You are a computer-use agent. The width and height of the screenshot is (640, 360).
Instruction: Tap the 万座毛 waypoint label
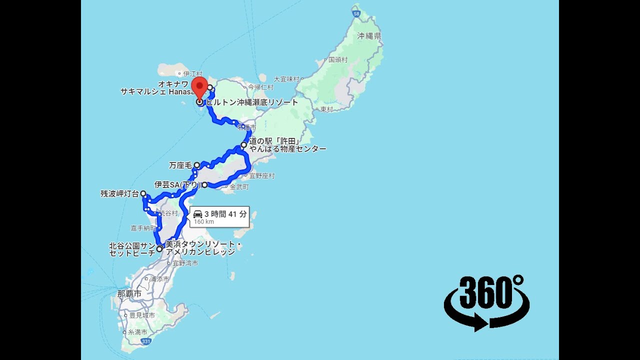coord(180,165)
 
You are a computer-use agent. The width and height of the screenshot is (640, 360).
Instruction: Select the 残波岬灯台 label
coord(119,194)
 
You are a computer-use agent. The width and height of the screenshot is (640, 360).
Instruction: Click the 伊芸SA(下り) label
coord(177,185)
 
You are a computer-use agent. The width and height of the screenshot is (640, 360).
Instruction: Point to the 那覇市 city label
coord(129,293)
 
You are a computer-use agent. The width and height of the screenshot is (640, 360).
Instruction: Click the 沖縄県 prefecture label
coord(369,36)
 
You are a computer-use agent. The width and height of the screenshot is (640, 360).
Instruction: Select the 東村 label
coord(326,109)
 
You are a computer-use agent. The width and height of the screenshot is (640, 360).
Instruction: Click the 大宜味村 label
coord(286,79)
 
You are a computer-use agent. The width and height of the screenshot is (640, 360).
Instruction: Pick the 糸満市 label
coord(137,332)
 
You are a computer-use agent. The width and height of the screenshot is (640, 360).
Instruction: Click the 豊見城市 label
coord(141,315)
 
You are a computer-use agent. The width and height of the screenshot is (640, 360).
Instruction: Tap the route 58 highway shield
coord(356,13)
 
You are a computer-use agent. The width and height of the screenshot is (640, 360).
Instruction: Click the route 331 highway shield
coord(145,341)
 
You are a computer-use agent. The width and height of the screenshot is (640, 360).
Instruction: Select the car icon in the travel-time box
coord(198,214)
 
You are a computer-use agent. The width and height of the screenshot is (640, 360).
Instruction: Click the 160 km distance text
coord(204,222)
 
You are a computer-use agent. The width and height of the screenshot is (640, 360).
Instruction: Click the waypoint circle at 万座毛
coord(197,165)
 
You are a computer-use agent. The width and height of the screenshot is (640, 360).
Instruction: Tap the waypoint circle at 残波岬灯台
coord(143,193)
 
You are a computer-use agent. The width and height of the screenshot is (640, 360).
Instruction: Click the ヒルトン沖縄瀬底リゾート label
coord(252,102)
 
